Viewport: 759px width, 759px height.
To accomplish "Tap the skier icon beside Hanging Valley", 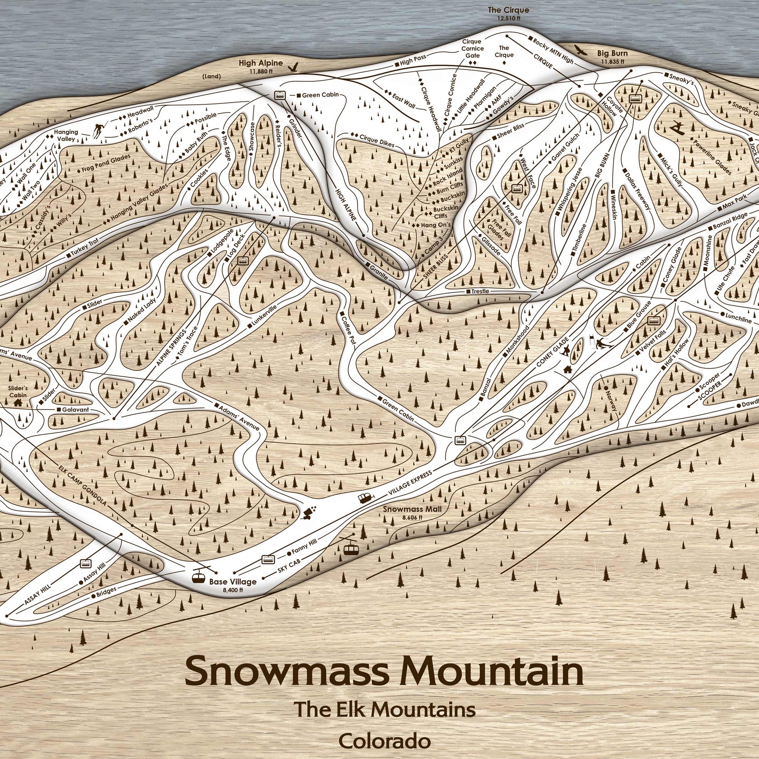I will point(98,130).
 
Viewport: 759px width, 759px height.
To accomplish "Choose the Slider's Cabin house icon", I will point(19,402).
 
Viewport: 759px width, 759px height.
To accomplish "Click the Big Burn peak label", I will point(612,53).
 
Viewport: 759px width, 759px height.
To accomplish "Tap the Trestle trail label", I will point(480,291).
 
